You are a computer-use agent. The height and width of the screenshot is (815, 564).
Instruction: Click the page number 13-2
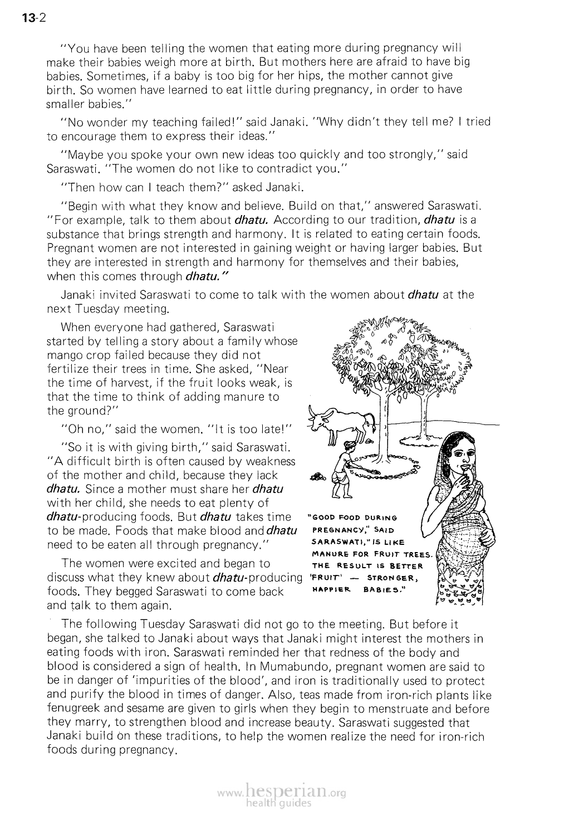point(33,18)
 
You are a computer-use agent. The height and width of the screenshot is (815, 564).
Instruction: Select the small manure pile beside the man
point(317,476)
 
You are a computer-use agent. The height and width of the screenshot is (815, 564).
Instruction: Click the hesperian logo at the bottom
point(283,791)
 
